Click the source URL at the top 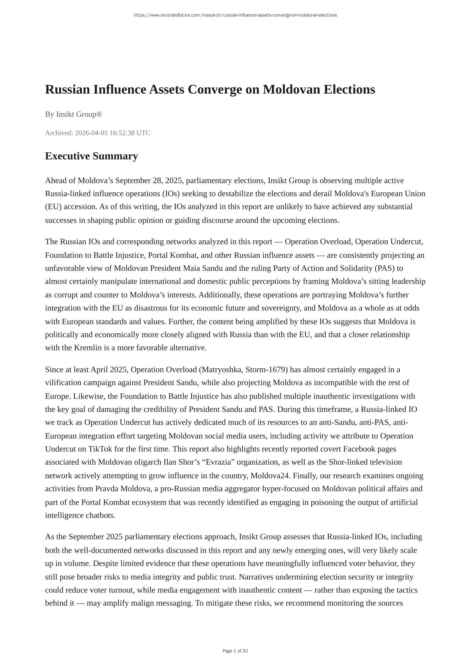pos(235,15)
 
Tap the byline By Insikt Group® pos(74,114)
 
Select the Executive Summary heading pos(91,156)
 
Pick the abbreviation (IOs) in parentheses pos(171,193)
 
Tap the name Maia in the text pos(192,268)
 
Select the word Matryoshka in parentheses pos(221,369)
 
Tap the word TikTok pos(100,449)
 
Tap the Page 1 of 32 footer pos(235,651)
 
